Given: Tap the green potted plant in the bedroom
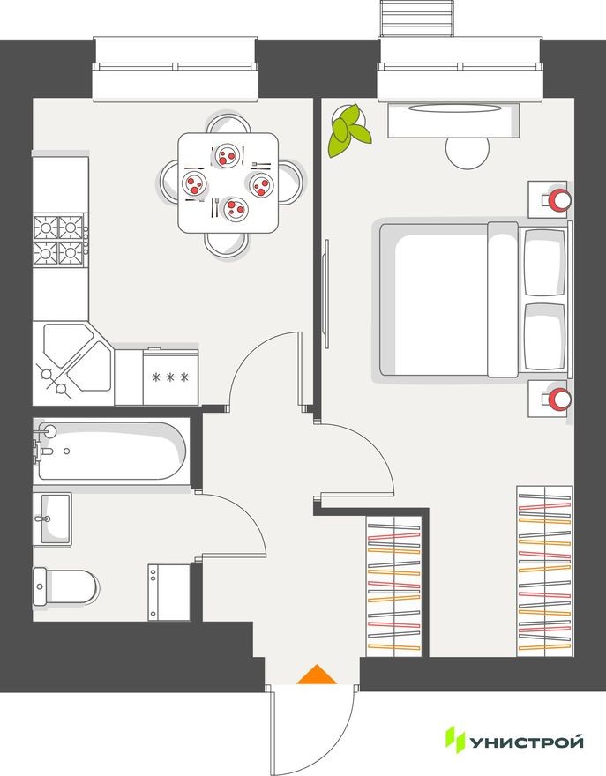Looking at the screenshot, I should tap(348, 131).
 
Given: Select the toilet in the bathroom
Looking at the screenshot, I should tap(65, 586).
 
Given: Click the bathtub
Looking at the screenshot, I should tap(110, 451).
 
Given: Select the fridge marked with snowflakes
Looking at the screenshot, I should tap(170, 377).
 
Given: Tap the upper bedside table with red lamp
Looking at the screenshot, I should tap(550, 198).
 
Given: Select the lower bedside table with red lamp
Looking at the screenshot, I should tap(550, 399).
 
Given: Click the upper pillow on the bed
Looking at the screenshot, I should tap(543, 263).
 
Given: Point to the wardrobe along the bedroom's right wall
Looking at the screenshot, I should tap(545, 571).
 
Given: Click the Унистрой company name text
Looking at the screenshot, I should tap(527, 742).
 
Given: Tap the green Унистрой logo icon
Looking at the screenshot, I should tap(454, 740).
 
